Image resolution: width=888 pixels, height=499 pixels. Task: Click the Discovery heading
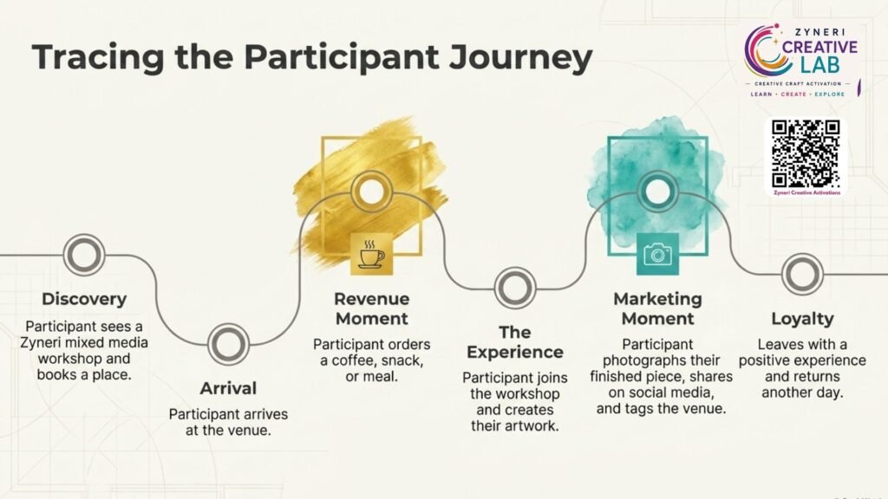tap(84, 299)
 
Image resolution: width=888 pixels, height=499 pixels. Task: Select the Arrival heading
tap(228, 388)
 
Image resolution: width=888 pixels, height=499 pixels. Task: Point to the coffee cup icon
tap(371, 254)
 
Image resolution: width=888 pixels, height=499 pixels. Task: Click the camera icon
tap(657, 254)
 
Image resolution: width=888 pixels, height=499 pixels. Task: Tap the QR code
tap(806, 153)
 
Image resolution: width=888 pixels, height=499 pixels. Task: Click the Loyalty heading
tap(802, 319)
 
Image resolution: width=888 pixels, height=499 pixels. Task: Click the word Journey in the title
tap(520, 58)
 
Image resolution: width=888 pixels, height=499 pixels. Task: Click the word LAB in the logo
tap(819, 64)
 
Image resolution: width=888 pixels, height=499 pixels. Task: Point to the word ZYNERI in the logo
tap(819, 32)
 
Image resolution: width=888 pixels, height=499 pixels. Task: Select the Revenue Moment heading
tap(371, 309)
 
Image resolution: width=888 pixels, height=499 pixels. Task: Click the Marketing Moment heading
tap(657, 309)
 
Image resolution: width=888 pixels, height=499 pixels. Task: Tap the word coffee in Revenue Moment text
tap(354, 360)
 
